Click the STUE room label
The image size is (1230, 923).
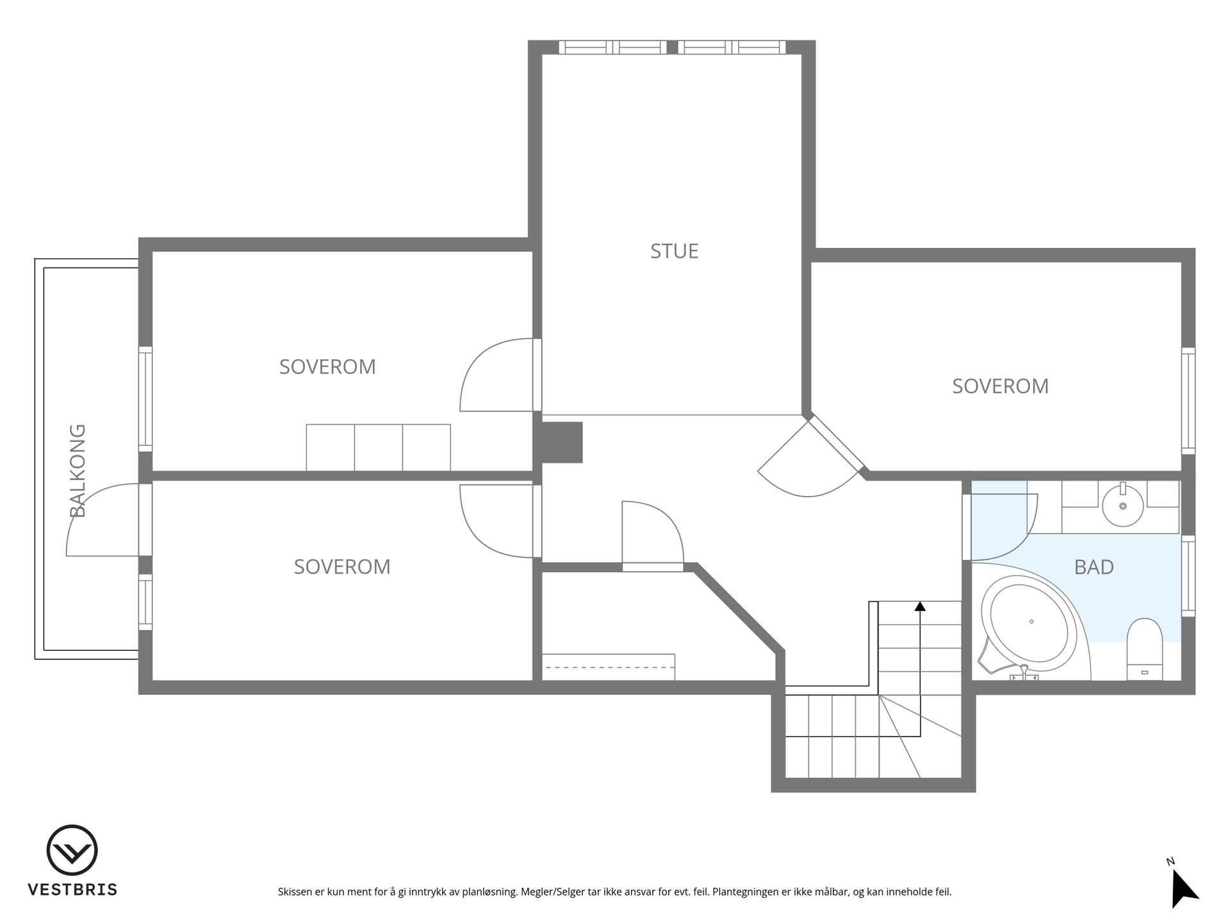pos(674,251)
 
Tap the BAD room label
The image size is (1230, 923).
pos(1094,567)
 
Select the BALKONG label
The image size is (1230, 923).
pos(78,470)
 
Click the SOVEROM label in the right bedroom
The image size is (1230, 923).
pos(1000,386)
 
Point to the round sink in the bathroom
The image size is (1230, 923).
pos(1122,505)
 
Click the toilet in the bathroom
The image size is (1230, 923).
pos(1144,649)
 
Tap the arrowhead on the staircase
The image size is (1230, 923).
pos(920,606)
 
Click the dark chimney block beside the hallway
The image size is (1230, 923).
pos(562,442)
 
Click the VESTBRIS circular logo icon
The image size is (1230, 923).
pos(72,850)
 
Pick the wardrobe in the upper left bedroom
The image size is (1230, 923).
pos(378,447)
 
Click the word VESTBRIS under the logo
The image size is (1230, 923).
pos(72,890)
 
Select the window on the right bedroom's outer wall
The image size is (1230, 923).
pos(1188,401)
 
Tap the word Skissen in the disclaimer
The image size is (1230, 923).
pos(295,892)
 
